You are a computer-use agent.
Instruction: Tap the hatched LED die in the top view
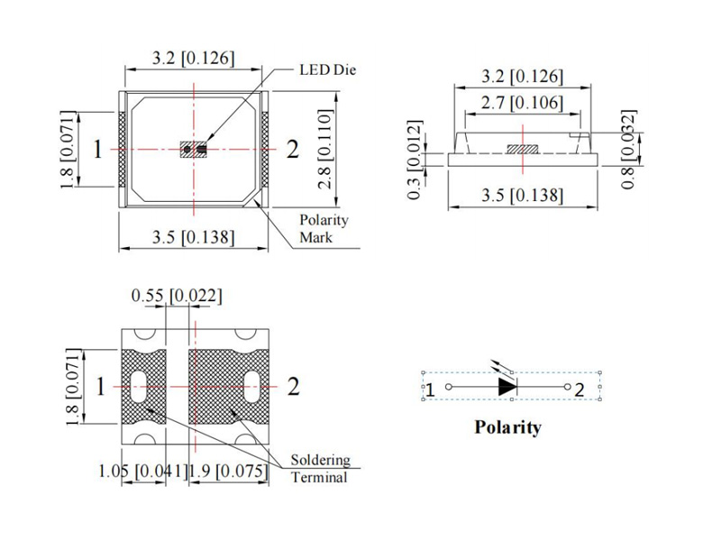pyautogui.click(x=193, y=149)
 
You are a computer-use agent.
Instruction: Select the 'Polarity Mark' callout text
pyautogui.click(x=323, y=229)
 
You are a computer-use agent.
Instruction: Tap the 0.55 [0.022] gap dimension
pyautogui.click(x=177, y=295)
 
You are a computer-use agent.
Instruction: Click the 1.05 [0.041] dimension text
pyautogui.click(x=141, y=470)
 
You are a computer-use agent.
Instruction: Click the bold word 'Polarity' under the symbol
pyautogui.click(x=508, y=427)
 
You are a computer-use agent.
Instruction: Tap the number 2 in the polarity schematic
pyautogui.click(x=580, y=390)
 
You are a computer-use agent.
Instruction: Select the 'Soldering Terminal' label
pyautogui.click(x=320, y=468)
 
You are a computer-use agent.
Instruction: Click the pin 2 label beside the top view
pyautogui.click(x=291, y=150)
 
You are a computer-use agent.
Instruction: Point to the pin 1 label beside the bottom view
pyautogui.click(x=101, y=387)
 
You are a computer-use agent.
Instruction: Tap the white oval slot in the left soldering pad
pyautogui.click(x=142, y=386)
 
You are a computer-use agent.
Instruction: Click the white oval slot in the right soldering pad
pyautogui.click(x=252, y=386)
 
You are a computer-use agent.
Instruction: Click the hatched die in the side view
pyautogui.click(x=522, y=147)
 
